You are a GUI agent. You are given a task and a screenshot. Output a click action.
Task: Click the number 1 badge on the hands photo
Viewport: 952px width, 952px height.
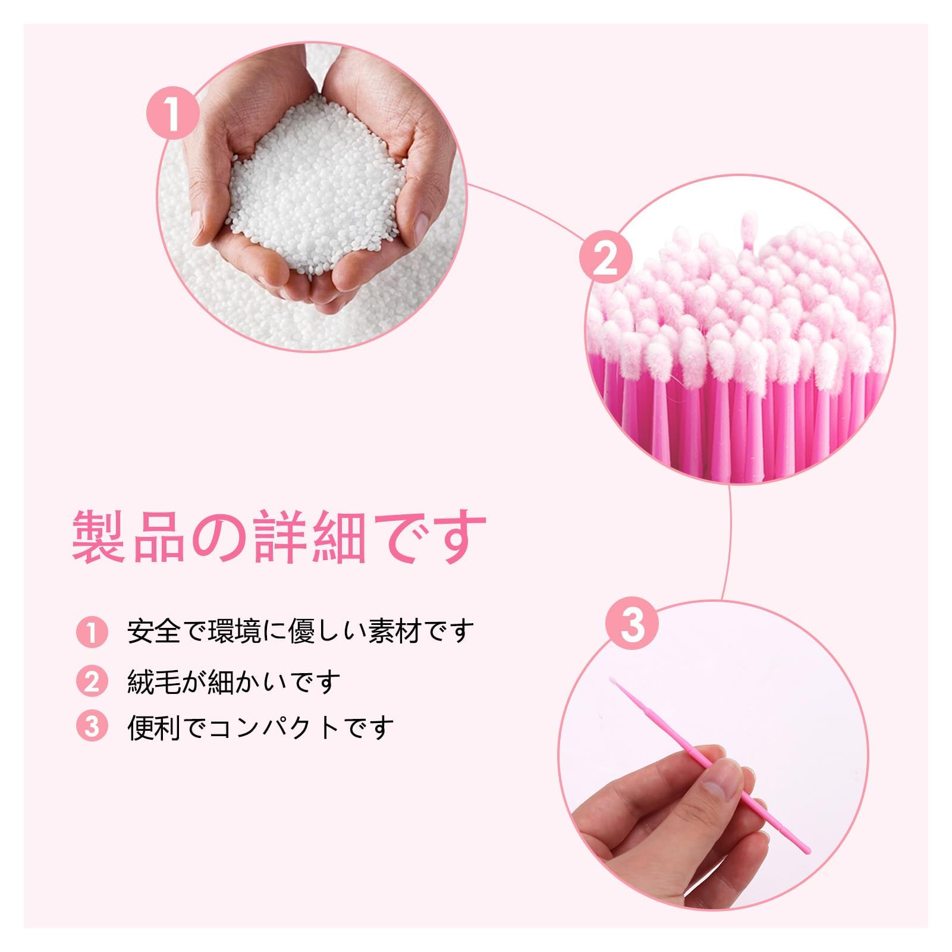click(172, 114)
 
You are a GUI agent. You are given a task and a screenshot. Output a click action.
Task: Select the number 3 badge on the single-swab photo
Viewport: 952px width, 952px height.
click(632, 624)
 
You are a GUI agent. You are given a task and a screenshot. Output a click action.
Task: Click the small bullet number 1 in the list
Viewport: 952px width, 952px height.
click(92, 632)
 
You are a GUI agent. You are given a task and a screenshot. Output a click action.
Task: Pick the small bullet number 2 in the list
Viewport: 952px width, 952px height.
click(92, 681)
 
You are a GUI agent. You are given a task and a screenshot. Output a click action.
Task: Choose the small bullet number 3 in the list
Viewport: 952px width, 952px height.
click(92, 726)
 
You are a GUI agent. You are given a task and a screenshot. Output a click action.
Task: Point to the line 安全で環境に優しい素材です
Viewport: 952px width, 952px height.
click(300, 631)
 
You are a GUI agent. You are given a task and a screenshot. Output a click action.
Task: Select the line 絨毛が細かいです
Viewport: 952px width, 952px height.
click(234, 681)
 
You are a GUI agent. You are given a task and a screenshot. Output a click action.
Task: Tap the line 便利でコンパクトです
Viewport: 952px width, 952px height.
click(260, 727)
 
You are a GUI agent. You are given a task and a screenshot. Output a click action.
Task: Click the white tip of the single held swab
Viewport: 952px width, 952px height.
click(613, 681)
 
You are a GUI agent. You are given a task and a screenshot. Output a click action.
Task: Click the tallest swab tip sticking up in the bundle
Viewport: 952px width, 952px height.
click(747, 228)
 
